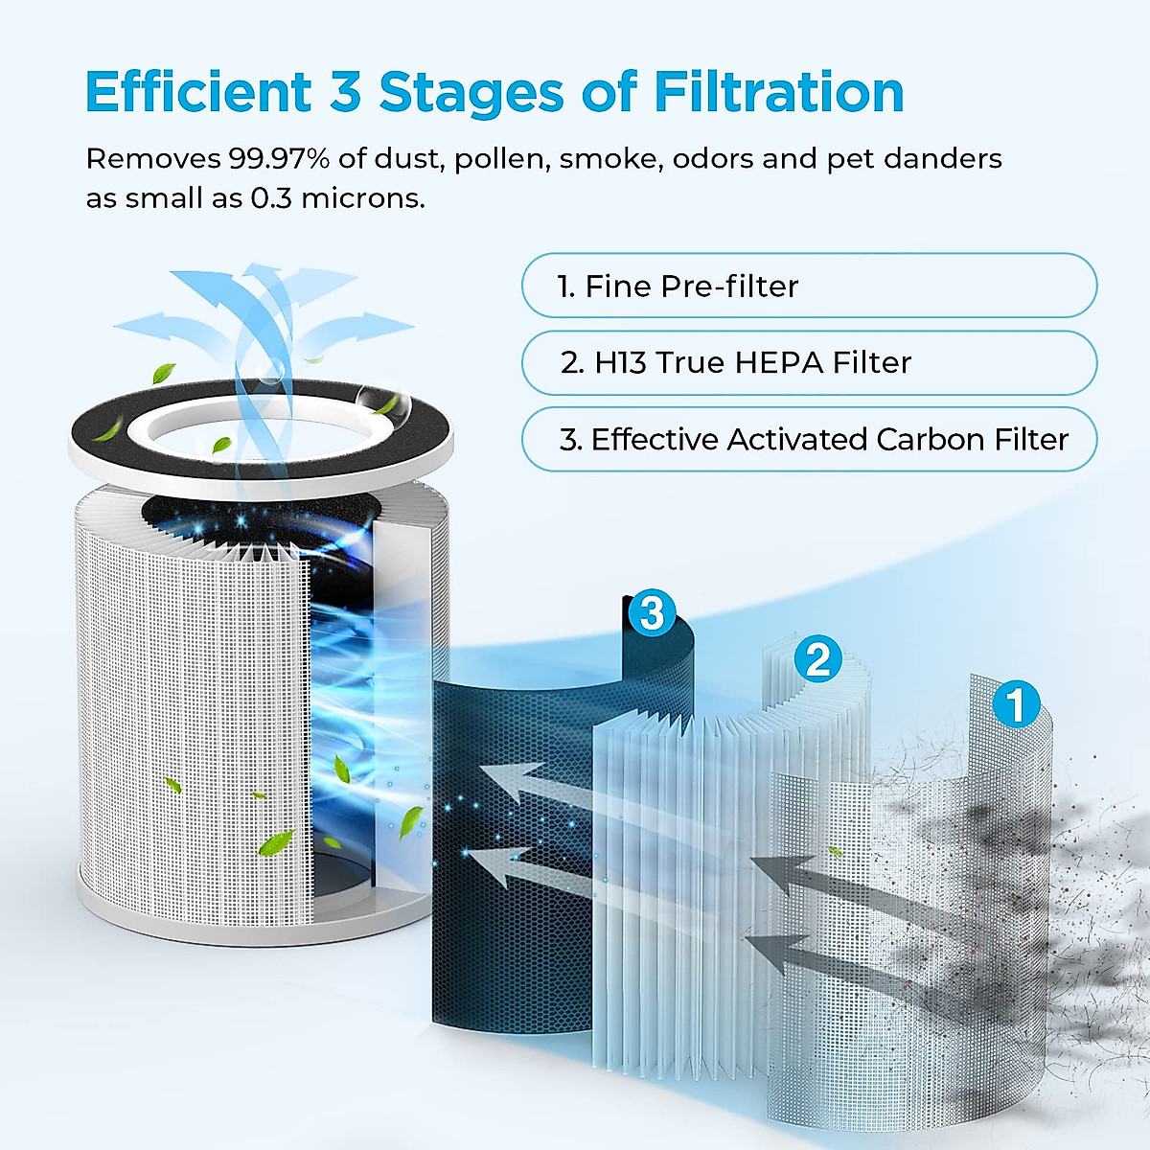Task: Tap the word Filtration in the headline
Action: (x=778, y=92)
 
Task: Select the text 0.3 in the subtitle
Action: (x=271, y=198)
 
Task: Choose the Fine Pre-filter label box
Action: (x=809, y=286)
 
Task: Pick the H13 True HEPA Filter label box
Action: (x=809, y=362)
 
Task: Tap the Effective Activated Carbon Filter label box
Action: (x=809, y=439)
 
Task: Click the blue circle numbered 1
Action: (x=1016, y=704)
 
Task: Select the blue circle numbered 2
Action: (x=817, y=659)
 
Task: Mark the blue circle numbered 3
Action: (x=652, y=612)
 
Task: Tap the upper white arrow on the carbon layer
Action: (x=546, y=781)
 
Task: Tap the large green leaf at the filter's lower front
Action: (x=276, y=842)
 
